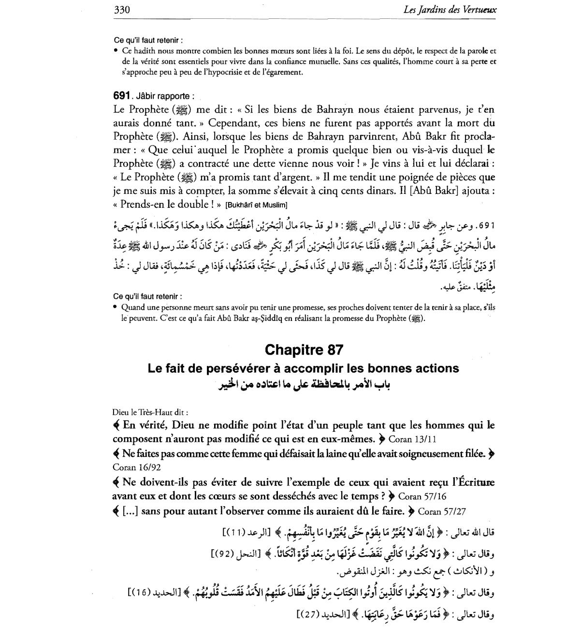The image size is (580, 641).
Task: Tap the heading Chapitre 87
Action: pos(304,349)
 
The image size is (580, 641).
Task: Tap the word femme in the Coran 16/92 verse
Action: pos(271,454)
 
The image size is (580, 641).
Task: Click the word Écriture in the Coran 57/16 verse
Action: pos(476,482)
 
